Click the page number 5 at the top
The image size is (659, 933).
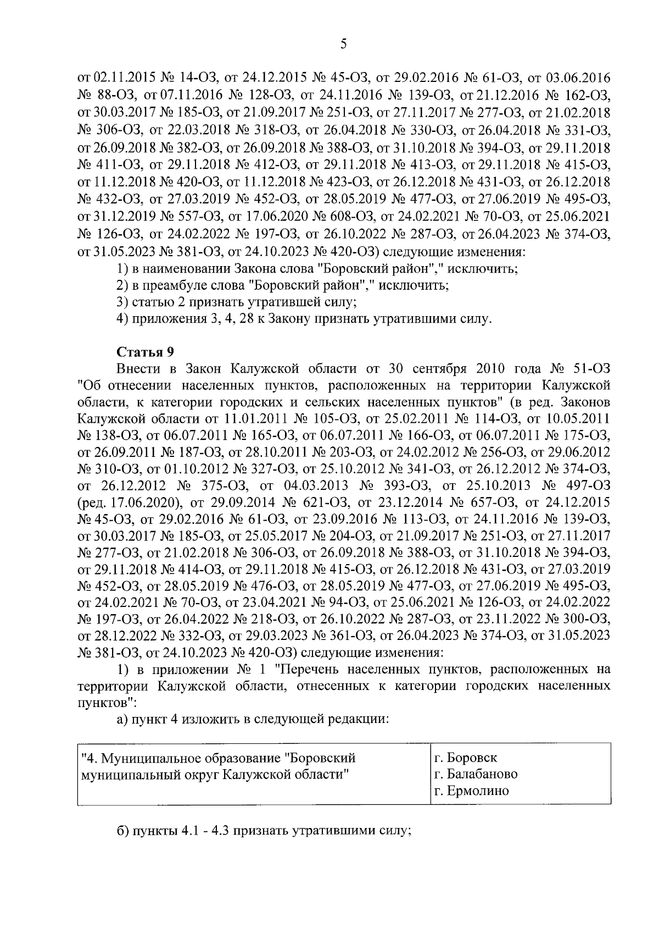343,45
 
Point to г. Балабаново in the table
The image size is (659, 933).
475,774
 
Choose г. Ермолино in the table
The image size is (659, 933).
471,791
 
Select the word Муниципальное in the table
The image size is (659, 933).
145,758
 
